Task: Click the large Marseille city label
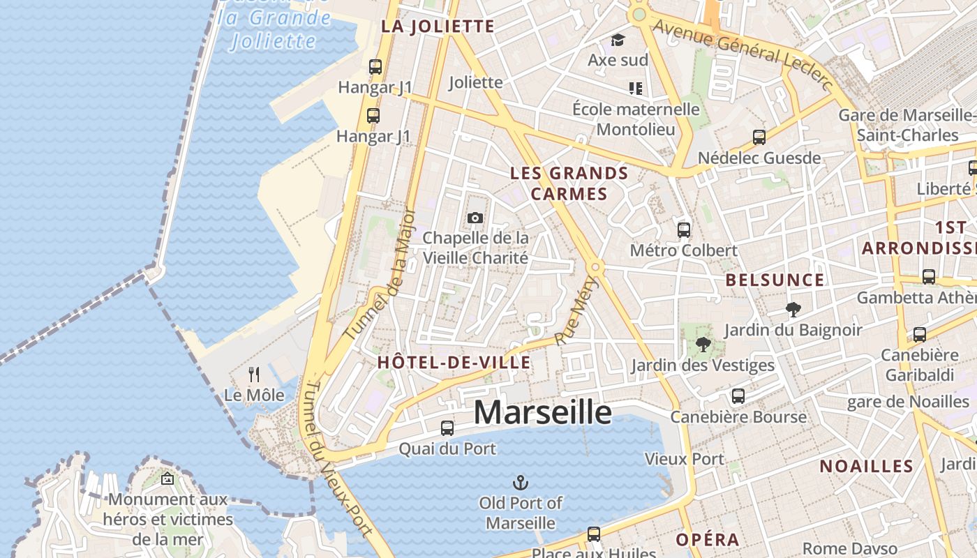[x=542, y=412]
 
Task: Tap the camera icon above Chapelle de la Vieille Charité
[x=475, y=218]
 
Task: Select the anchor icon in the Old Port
[x=520, y=482]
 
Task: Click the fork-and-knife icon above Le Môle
[x=254, y=375]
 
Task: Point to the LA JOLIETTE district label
[x=438, y=27]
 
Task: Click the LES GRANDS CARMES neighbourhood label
[x=569, y=183]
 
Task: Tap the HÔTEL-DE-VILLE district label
[x=454, y=363]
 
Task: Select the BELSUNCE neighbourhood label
[x=775, y=280]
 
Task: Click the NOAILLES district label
[x=866, y=467]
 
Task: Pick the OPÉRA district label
[x=707, y=540]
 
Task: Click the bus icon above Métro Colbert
[x=684, y=229]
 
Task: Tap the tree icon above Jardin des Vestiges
[x=703, y=345]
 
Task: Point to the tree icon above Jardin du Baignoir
[x=793, y=309]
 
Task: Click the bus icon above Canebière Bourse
[x=738, y=396]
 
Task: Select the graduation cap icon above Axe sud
[x=618, y=40]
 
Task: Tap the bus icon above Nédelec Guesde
[x=759, y=137]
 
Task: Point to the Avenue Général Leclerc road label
[x=743, y=54]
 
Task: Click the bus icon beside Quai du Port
[x=447, y=428]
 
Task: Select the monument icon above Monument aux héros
[x=167, y=478]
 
